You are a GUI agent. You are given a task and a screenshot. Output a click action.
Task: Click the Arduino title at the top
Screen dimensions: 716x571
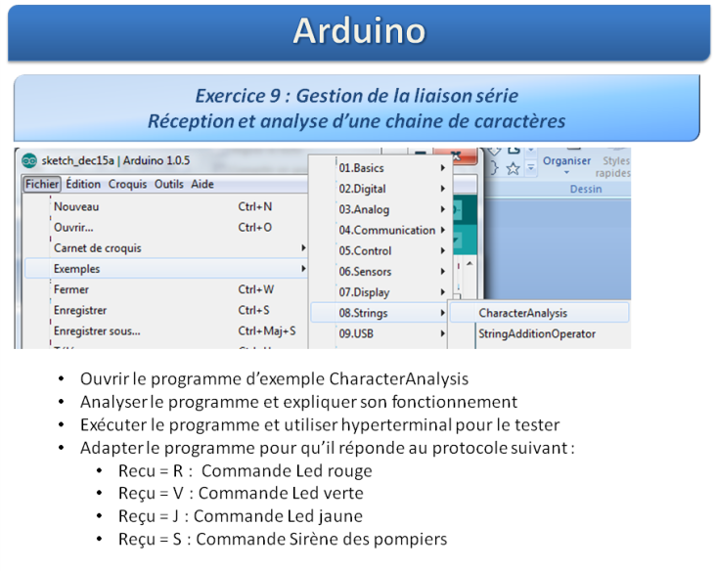(359, 30)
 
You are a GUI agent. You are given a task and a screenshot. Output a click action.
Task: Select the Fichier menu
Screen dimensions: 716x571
(42, 184)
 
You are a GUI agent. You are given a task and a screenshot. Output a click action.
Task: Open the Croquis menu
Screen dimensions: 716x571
(127, 184)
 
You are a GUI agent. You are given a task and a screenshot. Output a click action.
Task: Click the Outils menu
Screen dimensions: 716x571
(168, 184)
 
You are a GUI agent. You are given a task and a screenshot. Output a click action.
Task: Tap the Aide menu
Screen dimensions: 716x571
(202, 184)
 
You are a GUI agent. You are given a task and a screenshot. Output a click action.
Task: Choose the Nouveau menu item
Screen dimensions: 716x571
(76, 206)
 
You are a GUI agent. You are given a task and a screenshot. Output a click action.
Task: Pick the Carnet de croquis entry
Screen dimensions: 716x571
(97, 247)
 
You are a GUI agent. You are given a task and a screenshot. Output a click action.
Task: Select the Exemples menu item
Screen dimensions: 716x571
(76, 269)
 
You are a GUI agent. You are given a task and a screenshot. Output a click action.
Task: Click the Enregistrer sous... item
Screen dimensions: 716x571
(97, 330)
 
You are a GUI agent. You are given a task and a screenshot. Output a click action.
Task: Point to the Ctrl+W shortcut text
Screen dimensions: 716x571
(255, 289)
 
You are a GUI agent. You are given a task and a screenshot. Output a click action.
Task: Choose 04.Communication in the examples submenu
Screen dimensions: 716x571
(386, 230)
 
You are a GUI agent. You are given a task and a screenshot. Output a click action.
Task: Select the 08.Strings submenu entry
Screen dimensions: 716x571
(363, 313)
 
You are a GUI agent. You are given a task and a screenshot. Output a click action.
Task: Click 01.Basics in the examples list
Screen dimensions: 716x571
(361, 168)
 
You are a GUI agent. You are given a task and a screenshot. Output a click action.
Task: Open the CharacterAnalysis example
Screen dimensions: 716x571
(523, 313)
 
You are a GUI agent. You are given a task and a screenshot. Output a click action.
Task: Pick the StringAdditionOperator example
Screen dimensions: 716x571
(537, 333)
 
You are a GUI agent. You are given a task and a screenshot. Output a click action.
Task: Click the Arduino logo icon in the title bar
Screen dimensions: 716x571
(29, 160)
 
